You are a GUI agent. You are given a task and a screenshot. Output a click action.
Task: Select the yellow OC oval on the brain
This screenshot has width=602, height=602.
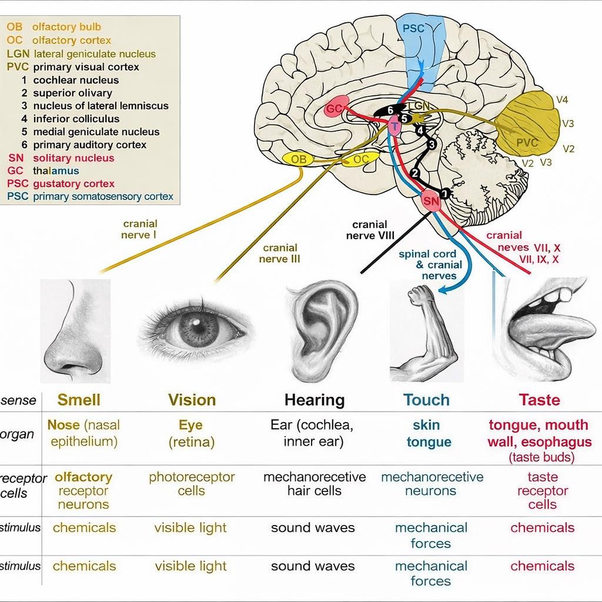360,159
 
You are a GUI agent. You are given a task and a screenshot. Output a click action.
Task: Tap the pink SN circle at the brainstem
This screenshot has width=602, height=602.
431,201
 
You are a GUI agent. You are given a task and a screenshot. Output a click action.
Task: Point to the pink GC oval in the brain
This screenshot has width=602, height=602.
336,108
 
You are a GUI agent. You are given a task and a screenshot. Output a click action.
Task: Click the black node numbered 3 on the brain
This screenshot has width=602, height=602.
432,145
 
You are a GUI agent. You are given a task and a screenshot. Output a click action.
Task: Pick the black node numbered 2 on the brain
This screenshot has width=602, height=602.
414,173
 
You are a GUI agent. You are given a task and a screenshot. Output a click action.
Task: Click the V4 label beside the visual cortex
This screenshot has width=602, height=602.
561,100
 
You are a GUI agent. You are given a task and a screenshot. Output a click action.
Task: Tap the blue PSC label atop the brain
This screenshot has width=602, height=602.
413,28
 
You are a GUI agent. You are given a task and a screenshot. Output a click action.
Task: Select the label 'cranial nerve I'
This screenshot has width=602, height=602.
140,229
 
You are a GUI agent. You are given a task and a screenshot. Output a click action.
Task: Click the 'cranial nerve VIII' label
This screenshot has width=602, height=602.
370,230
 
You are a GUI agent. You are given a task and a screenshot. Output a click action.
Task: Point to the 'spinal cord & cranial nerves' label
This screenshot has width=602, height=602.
430,265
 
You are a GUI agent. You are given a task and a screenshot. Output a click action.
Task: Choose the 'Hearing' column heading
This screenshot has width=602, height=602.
315,400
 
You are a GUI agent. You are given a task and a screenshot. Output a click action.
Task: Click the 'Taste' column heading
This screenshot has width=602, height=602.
540,400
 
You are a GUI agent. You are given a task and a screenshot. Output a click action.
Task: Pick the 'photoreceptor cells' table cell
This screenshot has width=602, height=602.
192,484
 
